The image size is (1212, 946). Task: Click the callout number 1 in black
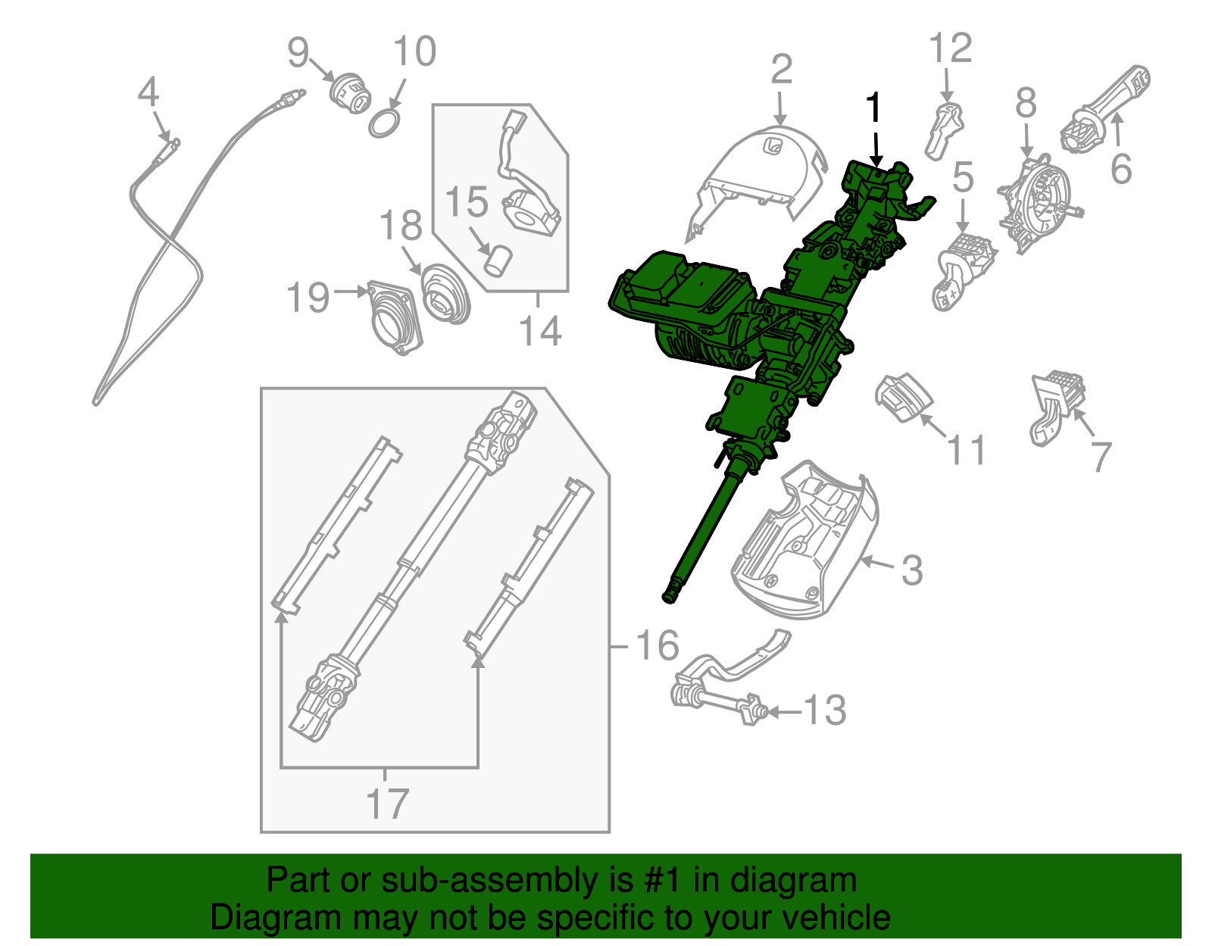[x=874, y=108]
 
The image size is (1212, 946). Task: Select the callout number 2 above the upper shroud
[x=781, y=70]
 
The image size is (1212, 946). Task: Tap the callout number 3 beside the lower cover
[x=912, y=570]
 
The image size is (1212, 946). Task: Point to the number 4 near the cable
[x=148, y=93]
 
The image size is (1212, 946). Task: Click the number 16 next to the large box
[x=657, y=645]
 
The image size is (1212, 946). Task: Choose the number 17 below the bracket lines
[x=387, y=804]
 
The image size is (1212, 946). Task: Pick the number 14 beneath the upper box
[x=540, y=331]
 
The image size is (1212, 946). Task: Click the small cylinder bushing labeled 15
[x=498, y=262]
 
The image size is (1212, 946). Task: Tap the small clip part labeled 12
[x=944, y=129]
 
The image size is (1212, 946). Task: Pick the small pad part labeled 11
[x=903, y=397]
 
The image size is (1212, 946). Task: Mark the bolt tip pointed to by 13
[x=761, y=712]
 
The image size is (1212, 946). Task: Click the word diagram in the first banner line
[x=811, y=881]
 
